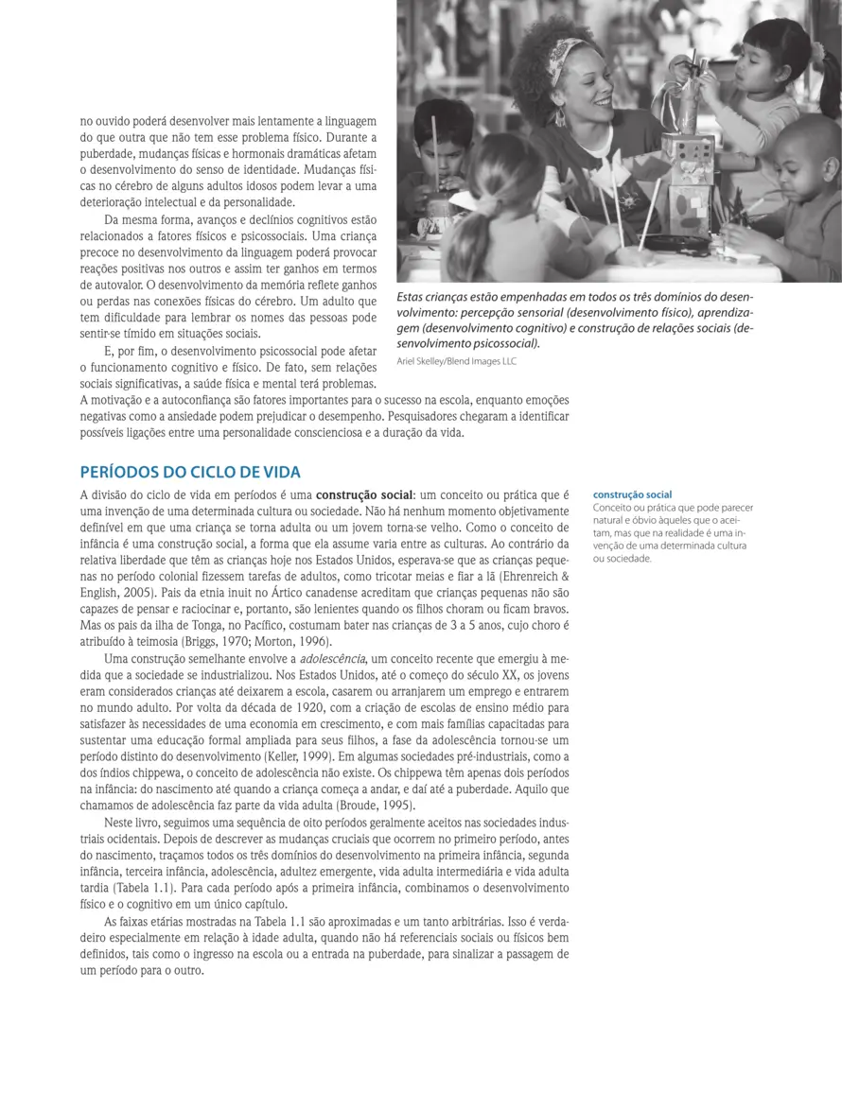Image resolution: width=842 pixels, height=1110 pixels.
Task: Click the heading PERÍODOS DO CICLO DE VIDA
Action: [x=190, y=472]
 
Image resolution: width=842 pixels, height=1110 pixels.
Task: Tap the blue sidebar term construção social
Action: [x=632, y=494]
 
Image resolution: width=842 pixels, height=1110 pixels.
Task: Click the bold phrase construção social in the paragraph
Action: [x=363, y=494]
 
